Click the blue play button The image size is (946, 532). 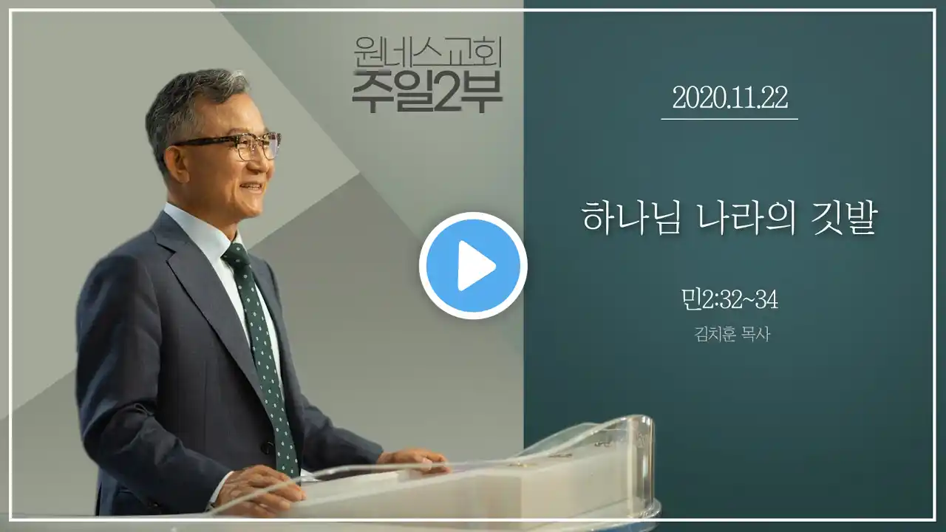tap(473, 265)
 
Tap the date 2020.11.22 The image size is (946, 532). tap(729, 98)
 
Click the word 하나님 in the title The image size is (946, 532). tap(631, 218)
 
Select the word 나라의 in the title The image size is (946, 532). tap(746, 218)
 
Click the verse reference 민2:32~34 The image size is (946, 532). tap(729, 300)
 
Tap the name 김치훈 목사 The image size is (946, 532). tap(732, 334)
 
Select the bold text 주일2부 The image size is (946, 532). tap(427, 92)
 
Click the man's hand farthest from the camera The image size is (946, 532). tap(412, 460)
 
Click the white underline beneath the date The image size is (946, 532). tap(729, 119)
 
